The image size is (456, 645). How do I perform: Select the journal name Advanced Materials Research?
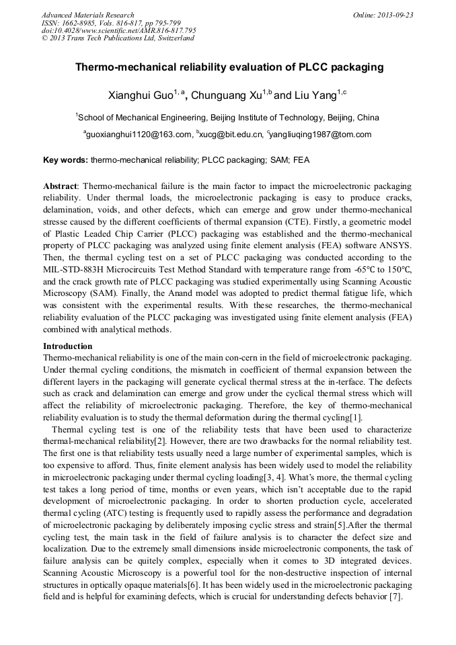pyautogui.click(x=87, y=14)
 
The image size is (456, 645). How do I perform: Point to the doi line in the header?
pyautogui.click(x=118, y=30)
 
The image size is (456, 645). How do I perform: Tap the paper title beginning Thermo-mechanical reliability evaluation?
pyautogui.click(x=228, y=67)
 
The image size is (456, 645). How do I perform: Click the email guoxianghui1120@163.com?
pyautogui.click(x=139, y=135)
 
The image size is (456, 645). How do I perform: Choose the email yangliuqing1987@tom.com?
pyautogui.click(x=321, y=135)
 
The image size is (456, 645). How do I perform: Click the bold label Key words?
pyautogui.click(x=65, y=160)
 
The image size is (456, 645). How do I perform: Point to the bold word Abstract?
pyautogui.click(x=61, y=185)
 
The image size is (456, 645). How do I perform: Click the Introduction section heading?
pyautogui.click(x=67, y=346)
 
